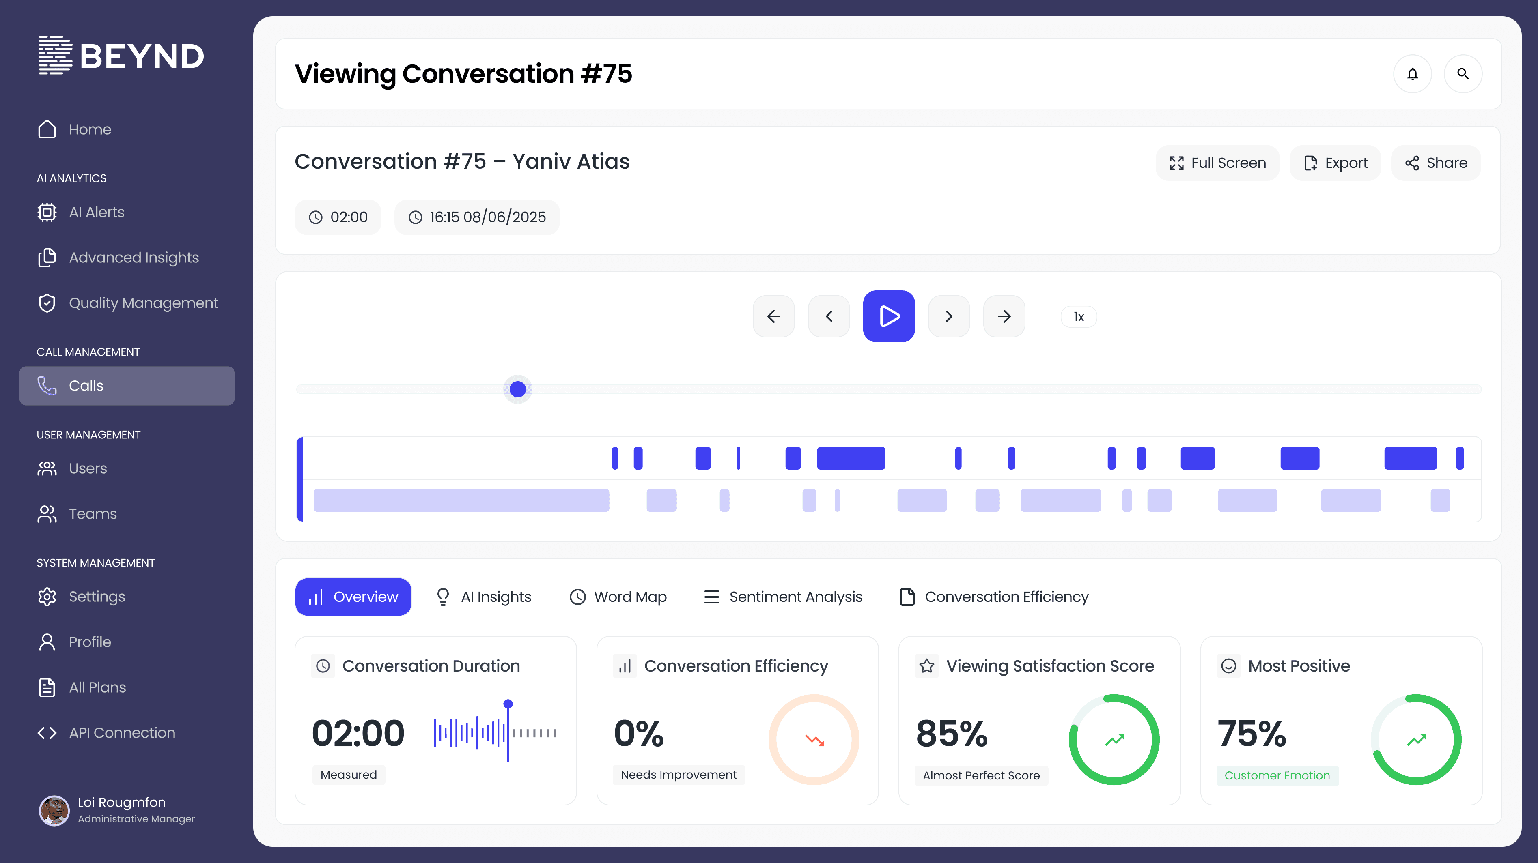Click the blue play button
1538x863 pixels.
[888, 316]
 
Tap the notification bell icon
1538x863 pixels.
[1412, 74]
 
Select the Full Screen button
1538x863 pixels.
[1217, 163]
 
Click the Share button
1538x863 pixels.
[1436, 163]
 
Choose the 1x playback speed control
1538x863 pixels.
[1078, 317]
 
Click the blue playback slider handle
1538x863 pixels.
[518, 389]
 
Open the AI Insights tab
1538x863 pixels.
[484, 597]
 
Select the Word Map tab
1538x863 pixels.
[618, 597]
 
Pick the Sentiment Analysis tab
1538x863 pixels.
[783, 597]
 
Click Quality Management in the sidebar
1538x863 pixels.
[143, 303]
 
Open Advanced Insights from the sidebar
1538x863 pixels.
[134, 258]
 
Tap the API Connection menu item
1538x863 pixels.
[122, 733]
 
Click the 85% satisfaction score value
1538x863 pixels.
[952, 734]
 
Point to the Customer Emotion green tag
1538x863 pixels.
[1277, 775]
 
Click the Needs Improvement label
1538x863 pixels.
[678, 775]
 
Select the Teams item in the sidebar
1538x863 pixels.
[93, 514]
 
